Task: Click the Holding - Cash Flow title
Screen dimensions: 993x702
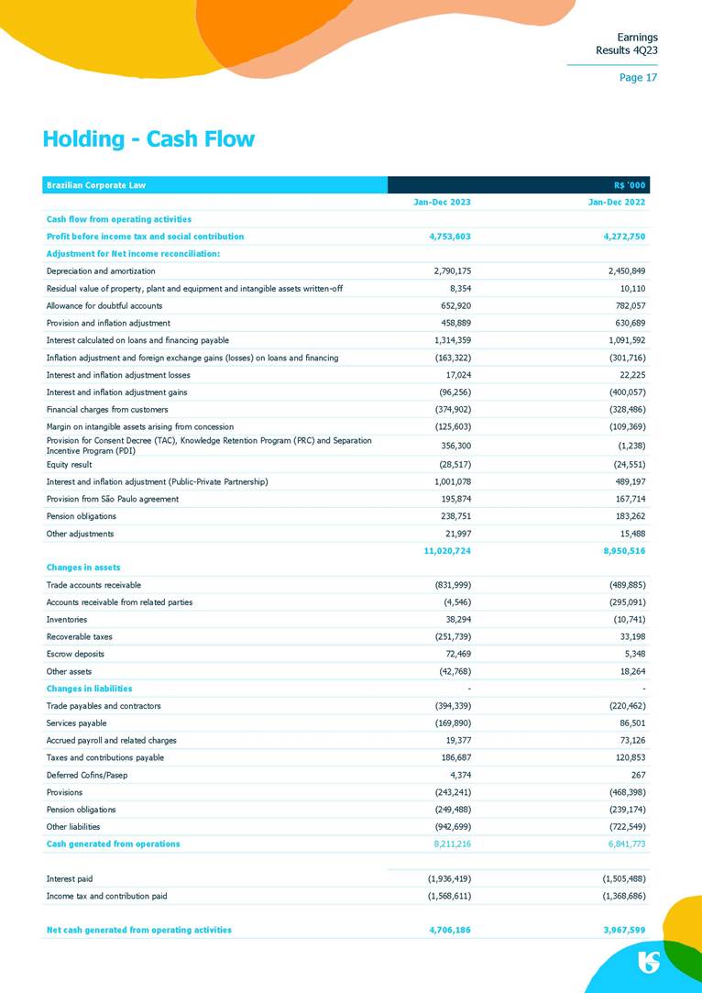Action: click(148, 139)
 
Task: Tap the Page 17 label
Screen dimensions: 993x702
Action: click(638, 77)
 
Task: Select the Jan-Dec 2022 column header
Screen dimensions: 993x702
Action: click(618, 202)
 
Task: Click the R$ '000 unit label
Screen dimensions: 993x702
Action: click(630, 185)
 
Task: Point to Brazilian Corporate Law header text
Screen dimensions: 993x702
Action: click(96, 185)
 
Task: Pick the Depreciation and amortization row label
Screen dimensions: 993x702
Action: click(101, 271)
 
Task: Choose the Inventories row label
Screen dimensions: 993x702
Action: click(67, 619)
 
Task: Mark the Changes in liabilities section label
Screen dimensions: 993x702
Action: click(89, 689)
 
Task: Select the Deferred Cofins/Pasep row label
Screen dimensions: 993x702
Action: click(87, 775)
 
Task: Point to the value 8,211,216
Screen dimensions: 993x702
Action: click(449, 844)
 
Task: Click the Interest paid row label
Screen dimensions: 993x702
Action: click(70, 878)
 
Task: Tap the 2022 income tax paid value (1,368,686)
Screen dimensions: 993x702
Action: click(622, 896)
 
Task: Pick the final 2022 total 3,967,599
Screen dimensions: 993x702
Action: click(621, 930)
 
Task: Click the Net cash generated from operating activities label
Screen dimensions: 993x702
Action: click(138, 930)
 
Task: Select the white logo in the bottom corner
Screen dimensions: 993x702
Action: click(649, 962)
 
